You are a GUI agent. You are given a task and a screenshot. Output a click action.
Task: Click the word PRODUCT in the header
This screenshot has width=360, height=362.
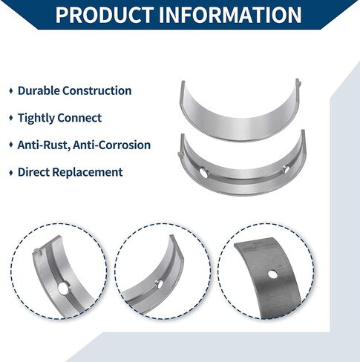pyautogui.click(x=104, y=14)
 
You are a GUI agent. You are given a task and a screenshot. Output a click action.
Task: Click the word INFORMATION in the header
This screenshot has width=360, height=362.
pyautogui.click(x=230, y=14)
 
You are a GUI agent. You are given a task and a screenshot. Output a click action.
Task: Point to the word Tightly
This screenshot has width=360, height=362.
pyautogui.click(x=36, y=118)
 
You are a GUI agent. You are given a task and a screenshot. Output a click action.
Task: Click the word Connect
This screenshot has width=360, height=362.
pyautogui.click(x=79, y=118)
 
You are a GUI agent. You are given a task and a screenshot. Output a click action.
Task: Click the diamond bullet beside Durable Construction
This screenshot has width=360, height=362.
pyautogui.click(x=11, y=90)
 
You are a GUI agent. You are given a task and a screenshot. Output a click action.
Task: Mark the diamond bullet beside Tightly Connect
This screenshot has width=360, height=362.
pyautogui.click(x=11, y=118)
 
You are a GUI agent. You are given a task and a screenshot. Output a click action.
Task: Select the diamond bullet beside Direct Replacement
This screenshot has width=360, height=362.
pyautogui.click(x=11, y=172)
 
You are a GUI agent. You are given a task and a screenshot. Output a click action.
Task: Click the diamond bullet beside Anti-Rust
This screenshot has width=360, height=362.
pyautogui.click(x=11, y=145)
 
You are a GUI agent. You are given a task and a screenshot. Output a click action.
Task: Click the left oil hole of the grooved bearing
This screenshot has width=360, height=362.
pyautogui.click(x=204, y=172)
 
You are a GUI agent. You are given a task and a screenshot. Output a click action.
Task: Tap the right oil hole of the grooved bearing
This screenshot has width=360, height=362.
pyautogui.click(x=286, y=169)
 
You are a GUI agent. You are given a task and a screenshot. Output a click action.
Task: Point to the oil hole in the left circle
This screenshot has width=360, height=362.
pyautogui.click(x=63, y=289)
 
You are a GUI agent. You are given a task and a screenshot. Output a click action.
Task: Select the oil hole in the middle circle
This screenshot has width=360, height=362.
pyautogui.click(x=160, y=284)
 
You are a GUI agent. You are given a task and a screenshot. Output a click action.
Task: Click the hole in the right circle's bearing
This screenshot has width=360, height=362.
pyautogui.click(x=272, y=274)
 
